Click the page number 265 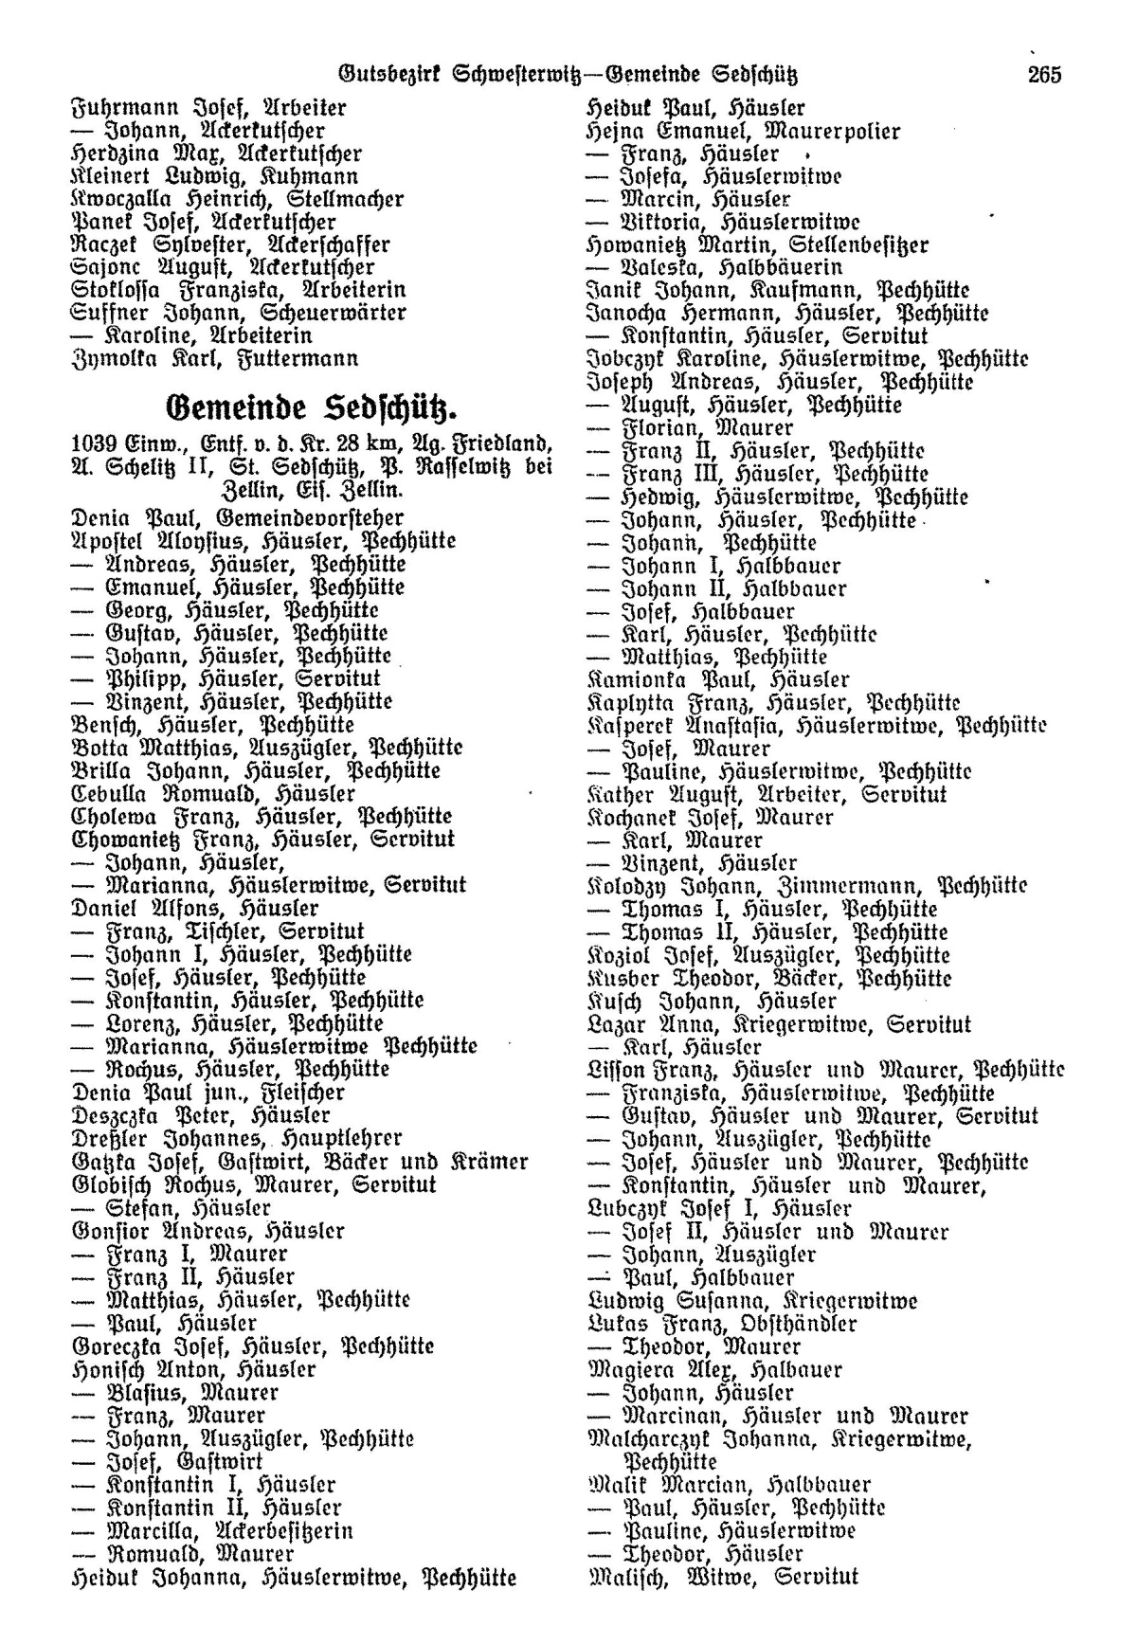tap(1044, 74)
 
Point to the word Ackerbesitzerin tap(284, 1530)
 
